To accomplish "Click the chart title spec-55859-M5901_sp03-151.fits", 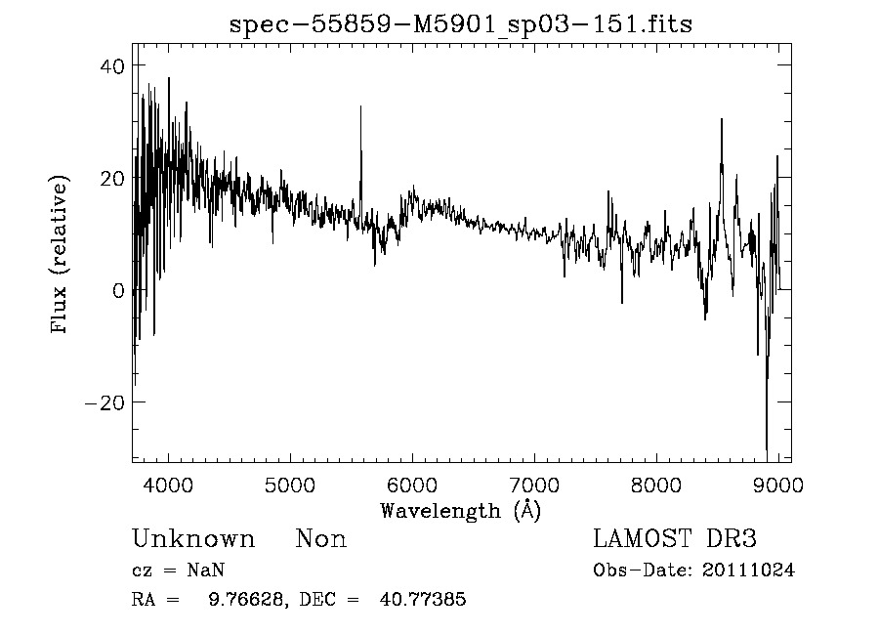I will coord(461,25).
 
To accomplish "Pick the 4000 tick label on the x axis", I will coord(169,484).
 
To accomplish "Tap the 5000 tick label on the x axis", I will coord(290,484).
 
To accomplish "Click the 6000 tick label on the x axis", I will coord(412,484).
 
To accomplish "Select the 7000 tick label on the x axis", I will coord(534,484).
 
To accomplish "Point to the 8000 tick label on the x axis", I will coord(656,484).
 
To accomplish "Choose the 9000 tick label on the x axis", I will coord(777,484).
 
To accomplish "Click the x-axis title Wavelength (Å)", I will coord(460,510).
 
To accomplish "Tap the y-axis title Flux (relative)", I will coord(61,255).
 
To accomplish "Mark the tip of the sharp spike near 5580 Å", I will coord(360,106).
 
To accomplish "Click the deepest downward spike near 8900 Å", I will coord(767,450).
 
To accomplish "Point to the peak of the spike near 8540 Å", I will coord(722,119).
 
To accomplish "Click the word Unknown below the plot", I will coord(193,539).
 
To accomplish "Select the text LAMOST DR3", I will coord(674,539).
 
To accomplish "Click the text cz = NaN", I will coord(179,571).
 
